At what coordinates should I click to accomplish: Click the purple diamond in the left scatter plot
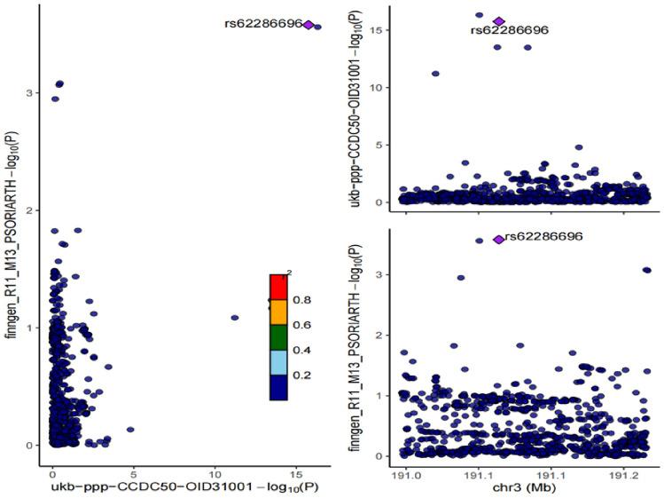[x=308, y=25]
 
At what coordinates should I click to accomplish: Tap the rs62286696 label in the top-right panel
[x=509, y=30]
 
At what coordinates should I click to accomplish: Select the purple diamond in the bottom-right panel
[x=499, y=239]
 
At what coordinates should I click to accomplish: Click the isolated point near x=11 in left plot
[x=235, y=317]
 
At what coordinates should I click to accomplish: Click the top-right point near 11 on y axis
[x=435, y=74]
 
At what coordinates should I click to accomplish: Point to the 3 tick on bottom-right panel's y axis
[x=384, y=274]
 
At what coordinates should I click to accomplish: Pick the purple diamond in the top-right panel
[x=499, y=21]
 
